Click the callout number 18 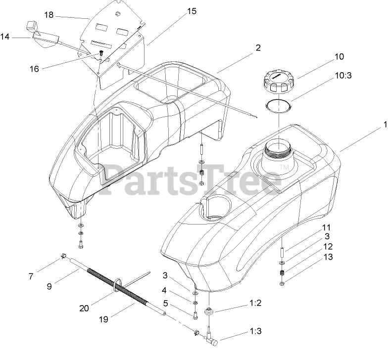click(x=48, y=15)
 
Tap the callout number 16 click(x=34, y=69)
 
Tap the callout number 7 click(x=31, y=276)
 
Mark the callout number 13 click(x=329, y=257)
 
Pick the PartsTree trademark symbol click(x=285, y=169)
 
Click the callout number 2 click(x=258, y=48)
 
